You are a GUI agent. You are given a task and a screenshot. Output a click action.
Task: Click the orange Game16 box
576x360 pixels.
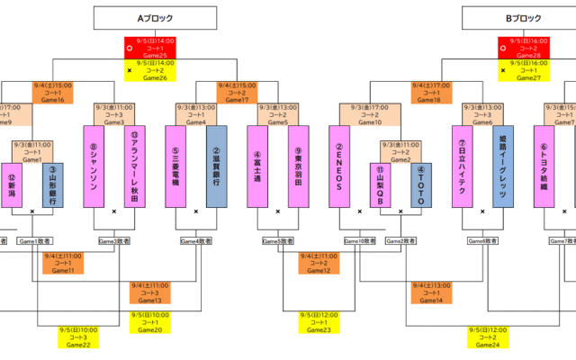53,92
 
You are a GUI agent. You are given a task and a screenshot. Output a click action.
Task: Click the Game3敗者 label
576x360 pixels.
113,241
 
